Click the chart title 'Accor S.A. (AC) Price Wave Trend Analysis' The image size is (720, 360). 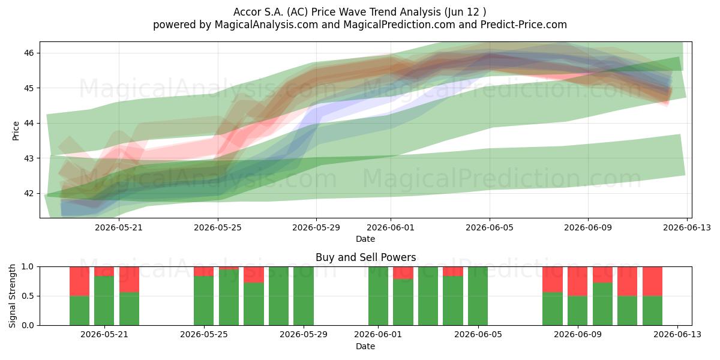pyautogui.click(x=337, y=12)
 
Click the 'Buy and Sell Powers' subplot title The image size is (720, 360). pyautogui.click(x=365, y=257)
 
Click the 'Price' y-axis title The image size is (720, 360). pyautogui.click(x=16, y=131)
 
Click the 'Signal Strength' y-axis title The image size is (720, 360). pyautogui.click(x=12, y=296)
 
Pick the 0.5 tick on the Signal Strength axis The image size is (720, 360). pyautogui.click(x=28, y=296)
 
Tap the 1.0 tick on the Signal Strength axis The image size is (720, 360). pyautogui.click(x=28, y=266)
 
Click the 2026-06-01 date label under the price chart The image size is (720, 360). pyautogui.click(x=391, y=227)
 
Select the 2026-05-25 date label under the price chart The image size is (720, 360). pyautogui.click(x=218, y=227)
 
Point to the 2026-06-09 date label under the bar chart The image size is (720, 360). pyautogui.click(x=578, y=334)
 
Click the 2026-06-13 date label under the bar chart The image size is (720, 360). pyautogui.click(x=677, y=334)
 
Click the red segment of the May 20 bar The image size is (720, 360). pyautogui.click(x=79, y=281)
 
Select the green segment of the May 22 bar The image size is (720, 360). pyautogui.click(x=129, y=308)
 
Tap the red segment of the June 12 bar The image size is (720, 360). pyautogui.click(x=653, y=281)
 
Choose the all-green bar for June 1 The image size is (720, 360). pyautogui.click(x=379, y=296)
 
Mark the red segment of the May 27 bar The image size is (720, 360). pyautogui.click(x=254, y=275)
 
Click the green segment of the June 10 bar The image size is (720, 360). pyautogui.click(x=602, y=304)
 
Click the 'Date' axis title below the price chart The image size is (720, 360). pyautogui.click(x=365, y=239)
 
